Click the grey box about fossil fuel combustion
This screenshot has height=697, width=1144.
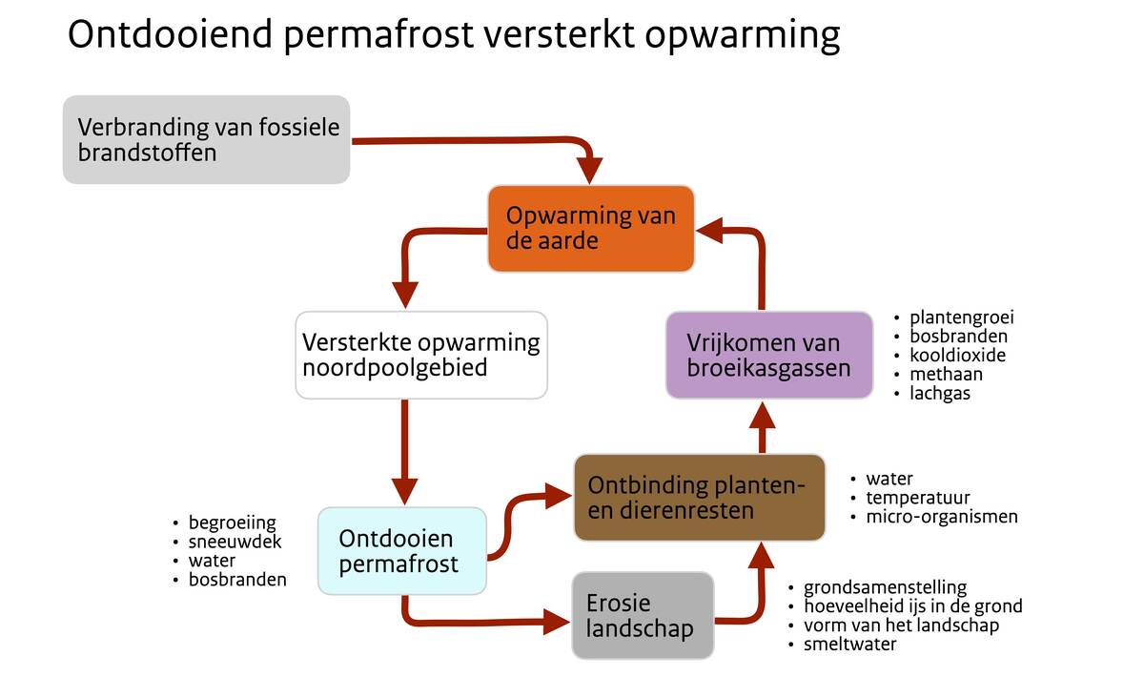pyautogui.click(x=206, y=139)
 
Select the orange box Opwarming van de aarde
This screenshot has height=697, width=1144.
pyautogui.click(x=591, y=228)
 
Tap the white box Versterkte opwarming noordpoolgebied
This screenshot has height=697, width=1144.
pyautogui.click(x=421, y=355)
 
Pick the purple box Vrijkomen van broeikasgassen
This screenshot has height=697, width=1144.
pyautogui.click(x=769, y=355)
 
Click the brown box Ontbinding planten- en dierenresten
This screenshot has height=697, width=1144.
pyautogui.click(x=699, y=498)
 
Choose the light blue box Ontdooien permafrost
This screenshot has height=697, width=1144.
pyautogui.click(x=402, y=550)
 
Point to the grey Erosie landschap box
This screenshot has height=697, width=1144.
pyautogui.click(x=643, y=615)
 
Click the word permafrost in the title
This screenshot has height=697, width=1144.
pyautogui.click(x=378, y=35)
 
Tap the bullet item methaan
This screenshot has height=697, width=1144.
pyautogui.click(x=946, y=375)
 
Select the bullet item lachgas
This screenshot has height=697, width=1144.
pyautogui.click(x=940, y=394)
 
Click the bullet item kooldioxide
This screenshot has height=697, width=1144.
pyautogui.click(x=957, y=355)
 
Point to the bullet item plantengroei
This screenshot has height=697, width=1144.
pyautogui.click(x=962, y=318)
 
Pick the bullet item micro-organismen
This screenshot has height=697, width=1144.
pyautogui.click(x=942, y=517)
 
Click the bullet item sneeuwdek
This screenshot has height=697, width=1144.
pyautogui.click(x=235, y=542)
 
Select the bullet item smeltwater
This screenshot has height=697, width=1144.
pyautogui.click(x=849, y=644)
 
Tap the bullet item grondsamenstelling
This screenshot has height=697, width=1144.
pyautogui.click(x=885, y=587)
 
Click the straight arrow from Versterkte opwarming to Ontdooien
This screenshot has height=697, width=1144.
pyautogui.click(x=405, y=452)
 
